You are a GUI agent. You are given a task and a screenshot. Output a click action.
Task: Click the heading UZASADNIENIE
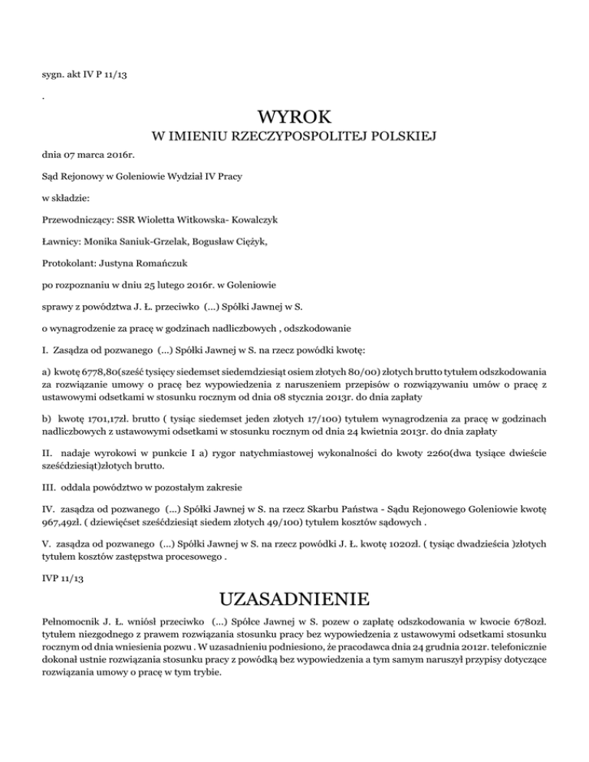pyautogui.click(x=294, y=597)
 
